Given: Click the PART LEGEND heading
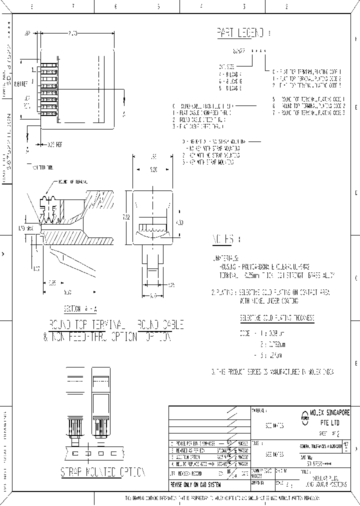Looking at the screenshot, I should [x=240, y=33].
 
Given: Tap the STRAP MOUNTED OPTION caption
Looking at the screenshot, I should [x=103, y=472].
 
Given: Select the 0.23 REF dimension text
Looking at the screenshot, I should [x=54, y=145].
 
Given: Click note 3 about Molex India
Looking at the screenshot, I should [x=272, y=372].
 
